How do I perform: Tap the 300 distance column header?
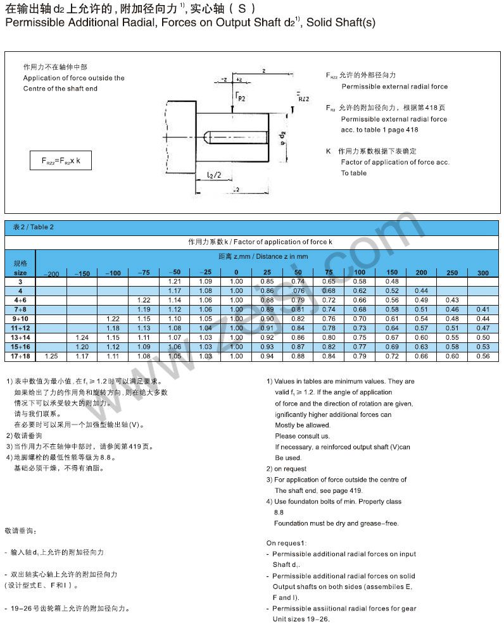point(483,273)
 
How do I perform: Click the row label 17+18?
point(20,356)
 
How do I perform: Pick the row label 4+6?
point(20,299)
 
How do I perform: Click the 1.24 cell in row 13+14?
point(82,337)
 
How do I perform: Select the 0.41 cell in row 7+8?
point(483,309)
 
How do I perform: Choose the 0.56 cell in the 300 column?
point(483,356)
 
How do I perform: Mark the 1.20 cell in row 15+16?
point(82,347)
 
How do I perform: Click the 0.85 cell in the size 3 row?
point(267,281)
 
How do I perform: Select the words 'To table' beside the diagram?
point(353,173)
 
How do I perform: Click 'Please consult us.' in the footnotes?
point(302,436)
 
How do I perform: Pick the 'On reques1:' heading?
point(286,543)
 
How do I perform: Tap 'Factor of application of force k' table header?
point(260,242)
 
